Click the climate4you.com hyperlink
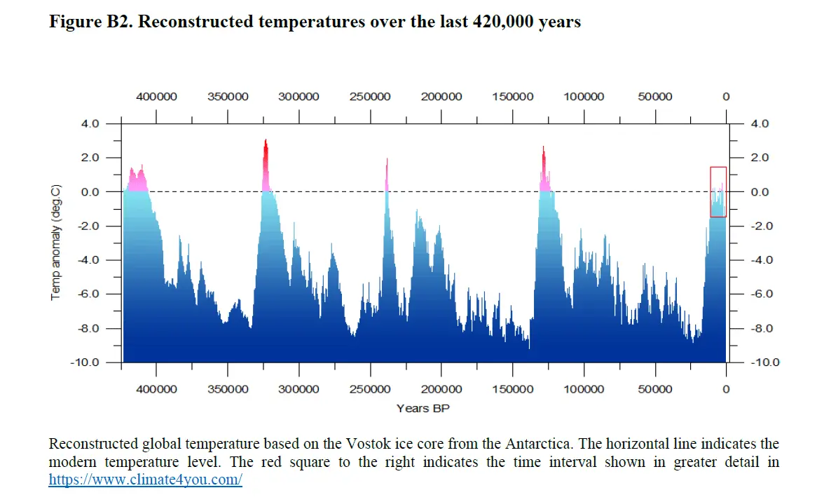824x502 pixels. click(145, 480)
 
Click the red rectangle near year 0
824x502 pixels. click(717, 191)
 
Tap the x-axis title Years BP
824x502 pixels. click(423, 407)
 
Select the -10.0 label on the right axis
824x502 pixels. click(764, 362)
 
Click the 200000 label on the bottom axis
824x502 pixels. click(441, 389)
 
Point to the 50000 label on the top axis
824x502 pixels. click(654, 97)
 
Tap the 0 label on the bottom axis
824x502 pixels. click(726, 389)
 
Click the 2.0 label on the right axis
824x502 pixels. click(760, 158)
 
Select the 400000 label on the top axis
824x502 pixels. click(156, 97)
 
